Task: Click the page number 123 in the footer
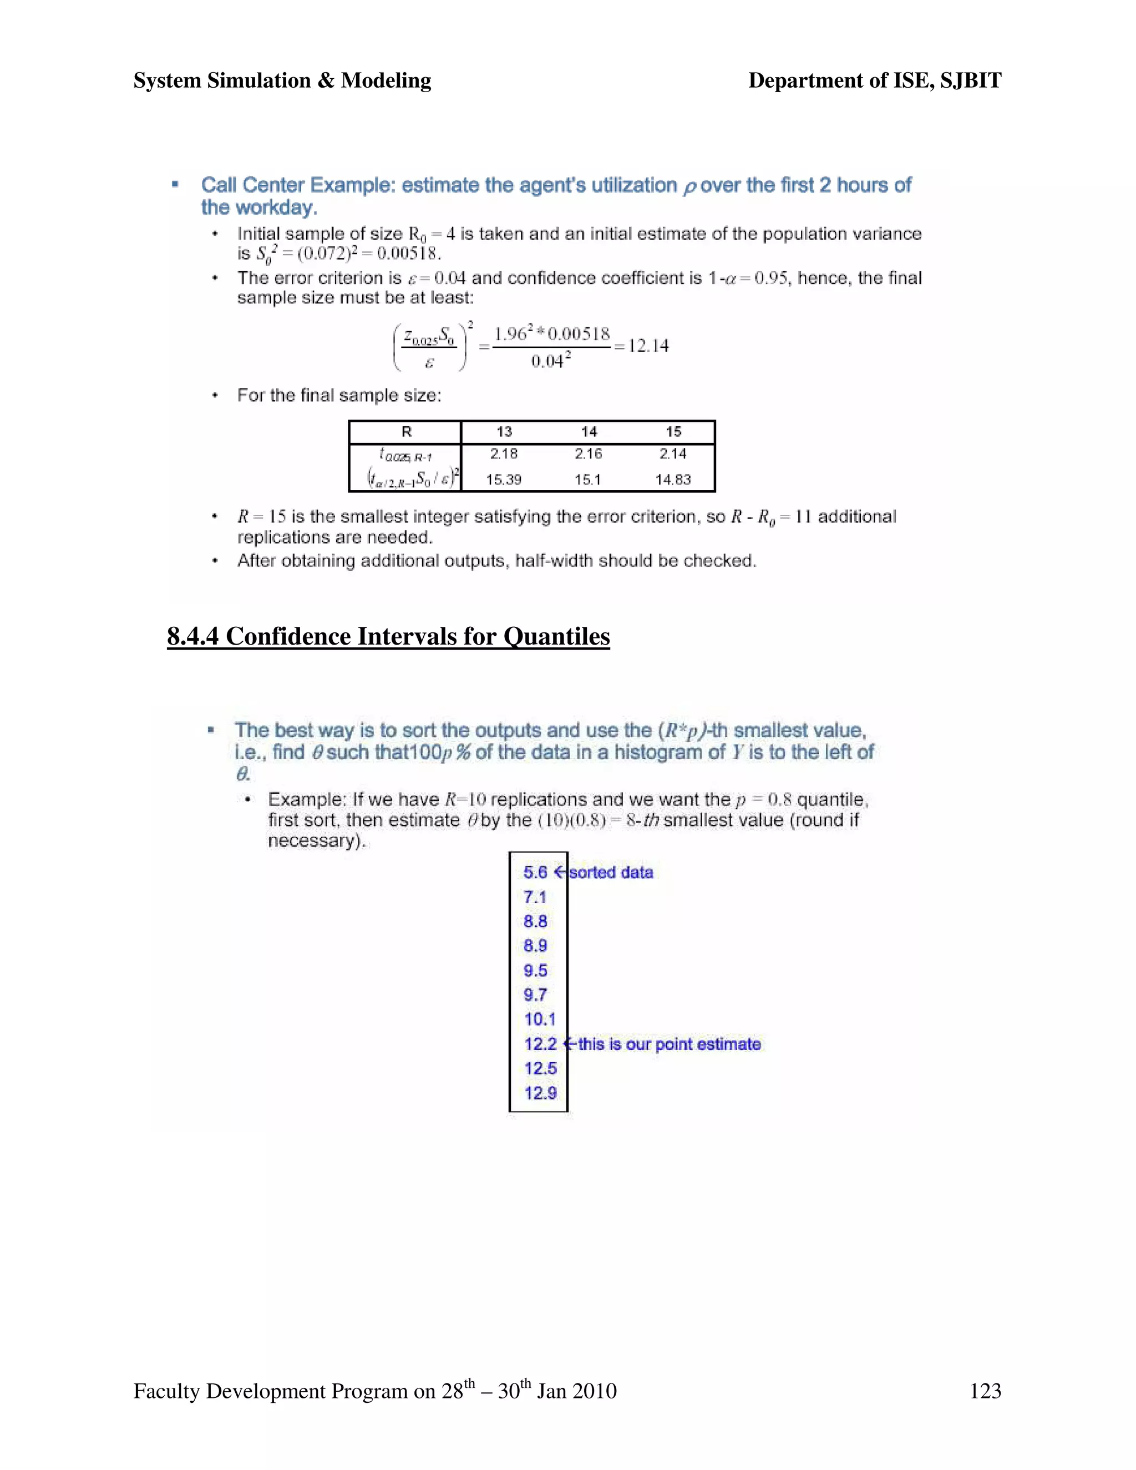(x=985, y=1391)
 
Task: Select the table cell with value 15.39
(x=504, y=480)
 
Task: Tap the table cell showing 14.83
(x=673, y=480)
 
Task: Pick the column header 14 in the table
(x=589, y=432)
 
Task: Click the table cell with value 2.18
(x=504, y=454)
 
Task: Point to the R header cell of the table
(x=406, y=432)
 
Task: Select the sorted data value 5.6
(x=535, y=873)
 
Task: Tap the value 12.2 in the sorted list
(x=540, y=1044)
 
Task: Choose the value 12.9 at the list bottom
(x=540, y=1093)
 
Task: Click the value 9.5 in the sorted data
(x=535, y=971)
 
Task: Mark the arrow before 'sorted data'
(x=560, y=873)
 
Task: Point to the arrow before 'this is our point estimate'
(x=569, y=1044)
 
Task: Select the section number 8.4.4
(x=193, y=636)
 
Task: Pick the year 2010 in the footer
(x=594, y=1391)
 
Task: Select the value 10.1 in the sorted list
(x=540, y=1019)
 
